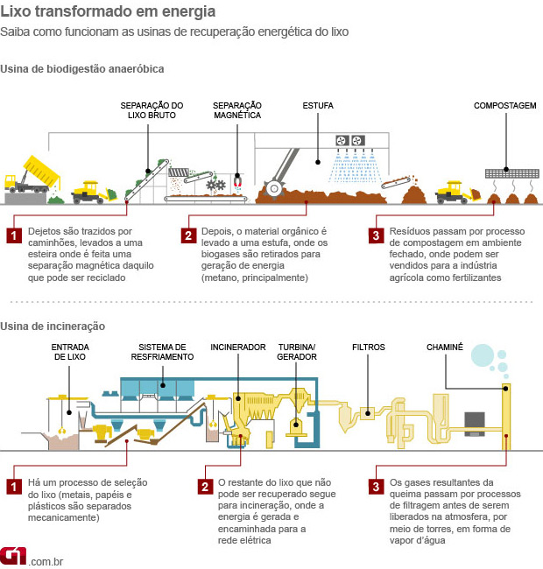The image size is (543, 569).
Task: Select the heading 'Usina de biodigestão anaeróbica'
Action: point(82,68)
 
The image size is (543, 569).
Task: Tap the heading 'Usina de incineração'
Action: point(53,326)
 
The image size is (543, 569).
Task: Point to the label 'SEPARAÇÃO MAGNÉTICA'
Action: point(237,110)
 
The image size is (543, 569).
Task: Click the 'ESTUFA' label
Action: point(318,106)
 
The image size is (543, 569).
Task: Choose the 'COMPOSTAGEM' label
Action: point(504,106)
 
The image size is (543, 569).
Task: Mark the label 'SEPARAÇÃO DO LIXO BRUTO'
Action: point(152,110)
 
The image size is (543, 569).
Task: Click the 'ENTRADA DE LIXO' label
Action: point(71,352)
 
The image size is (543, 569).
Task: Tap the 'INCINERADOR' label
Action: point(237,348)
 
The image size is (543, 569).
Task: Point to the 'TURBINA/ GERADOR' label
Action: point(297,352)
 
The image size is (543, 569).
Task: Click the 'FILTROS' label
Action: point(368,348)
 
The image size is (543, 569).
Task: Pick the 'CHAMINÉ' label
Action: point(444,348)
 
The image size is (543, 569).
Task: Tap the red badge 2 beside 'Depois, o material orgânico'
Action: point(188,235)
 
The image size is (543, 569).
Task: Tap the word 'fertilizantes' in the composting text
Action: point(472,277)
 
